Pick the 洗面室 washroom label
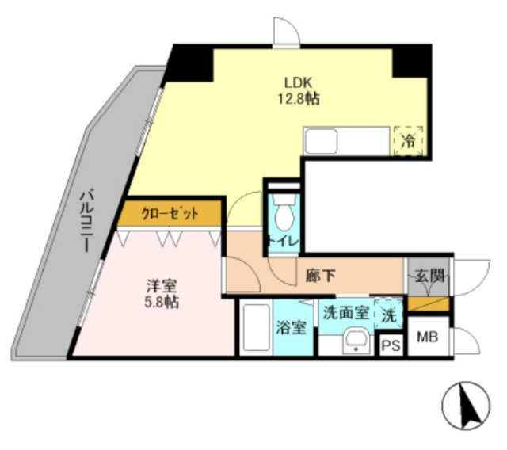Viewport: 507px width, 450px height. (345, 311)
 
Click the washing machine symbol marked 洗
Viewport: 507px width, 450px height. (387, 312)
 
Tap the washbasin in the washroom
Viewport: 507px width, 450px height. (353, 341)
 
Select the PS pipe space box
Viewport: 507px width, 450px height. (391, 345)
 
